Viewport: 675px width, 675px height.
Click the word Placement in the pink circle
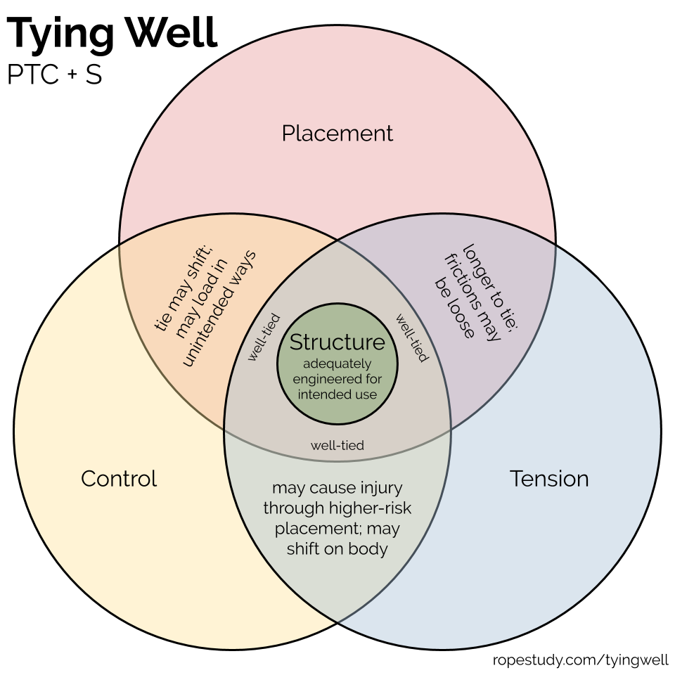click(x=337, y=134)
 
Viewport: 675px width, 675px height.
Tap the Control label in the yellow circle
click(x=119, y=479)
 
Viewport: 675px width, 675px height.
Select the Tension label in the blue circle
click(x=549, y=479)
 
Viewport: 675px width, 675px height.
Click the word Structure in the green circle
click(x=337, y=342)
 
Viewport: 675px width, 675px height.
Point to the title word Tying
click(x=60, y=34)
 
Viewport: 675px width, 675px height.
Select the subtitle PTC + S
click(x=55, y=74)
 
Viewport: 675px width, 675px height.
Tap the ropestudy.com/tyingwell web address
click(x=580, y=660)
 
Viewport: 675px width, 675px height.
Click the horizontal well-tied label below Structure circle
click(x=337, y=445)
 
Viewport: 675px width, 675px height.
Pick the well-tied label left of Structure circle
click(x=264, y=337)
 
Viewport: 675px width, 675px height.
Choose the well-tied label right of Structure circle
click(x=412, y=338)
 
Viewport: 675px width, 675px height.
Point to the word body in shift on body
click(x=368, y=549)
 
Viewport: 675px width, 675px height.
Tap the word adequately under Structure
click(x=337, y=364)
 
